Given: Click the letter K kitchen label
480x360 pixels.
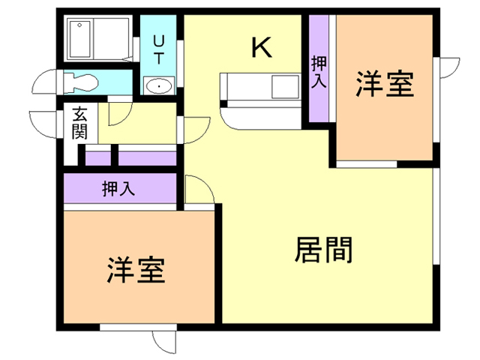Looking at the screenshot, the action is (262, 47).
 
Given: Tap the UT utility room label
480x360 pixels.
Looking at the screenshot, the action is (158, 49).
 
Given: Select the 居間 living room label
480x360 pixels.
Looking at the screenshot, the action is (323, 250).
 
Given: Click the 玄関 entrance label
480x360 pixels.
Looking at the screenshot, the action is (79, 123).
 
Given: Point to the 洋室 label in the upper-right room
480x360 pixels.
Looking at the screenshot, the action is (385, 83).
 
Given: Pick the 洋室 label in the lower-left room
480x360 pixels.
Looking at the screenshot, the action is (136, 270).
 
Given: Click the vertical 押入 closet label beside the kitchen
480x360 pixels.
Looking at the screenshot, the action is (319, 72).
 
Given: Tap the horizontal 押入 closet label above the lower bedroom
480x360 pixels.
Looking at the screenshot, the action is (118, 188).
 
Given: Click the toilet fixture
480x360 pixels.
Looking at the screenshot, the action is (81, 82).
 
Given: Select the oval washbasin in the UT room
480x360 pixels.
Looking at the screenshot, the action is (159, 86).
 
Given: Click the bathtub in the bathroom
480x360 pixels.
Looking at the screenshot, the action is (80, 39).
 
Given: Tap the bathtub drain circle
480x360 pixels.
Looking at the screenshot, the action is (79, 25).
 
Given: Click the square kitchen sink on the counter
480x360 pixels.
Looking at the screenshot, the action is (285, 87).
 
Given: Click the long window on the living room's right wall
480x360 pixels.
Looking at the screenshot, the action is (436, 216).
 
